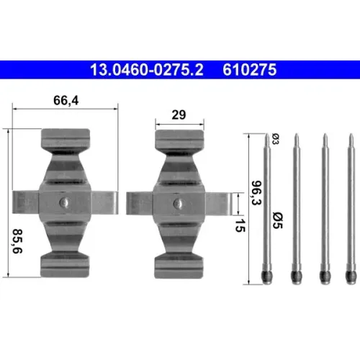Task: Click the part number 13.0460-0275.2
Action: (147, 70)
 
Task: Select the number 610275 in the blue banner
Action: (250, 70)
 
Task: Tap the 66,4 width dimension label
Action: (66, 100)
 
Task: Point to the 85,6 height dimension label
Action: (17, 241)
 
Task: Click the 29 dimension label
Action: (179, 114)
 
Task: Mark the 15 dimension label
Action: (240, 225)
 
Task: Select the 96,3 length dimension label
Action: (256, 193)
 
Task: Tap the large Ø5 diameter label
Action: (278, 220)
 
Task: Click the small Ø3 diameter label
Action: (276, 139)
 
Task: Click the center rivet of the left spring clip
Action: (65, 202)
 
